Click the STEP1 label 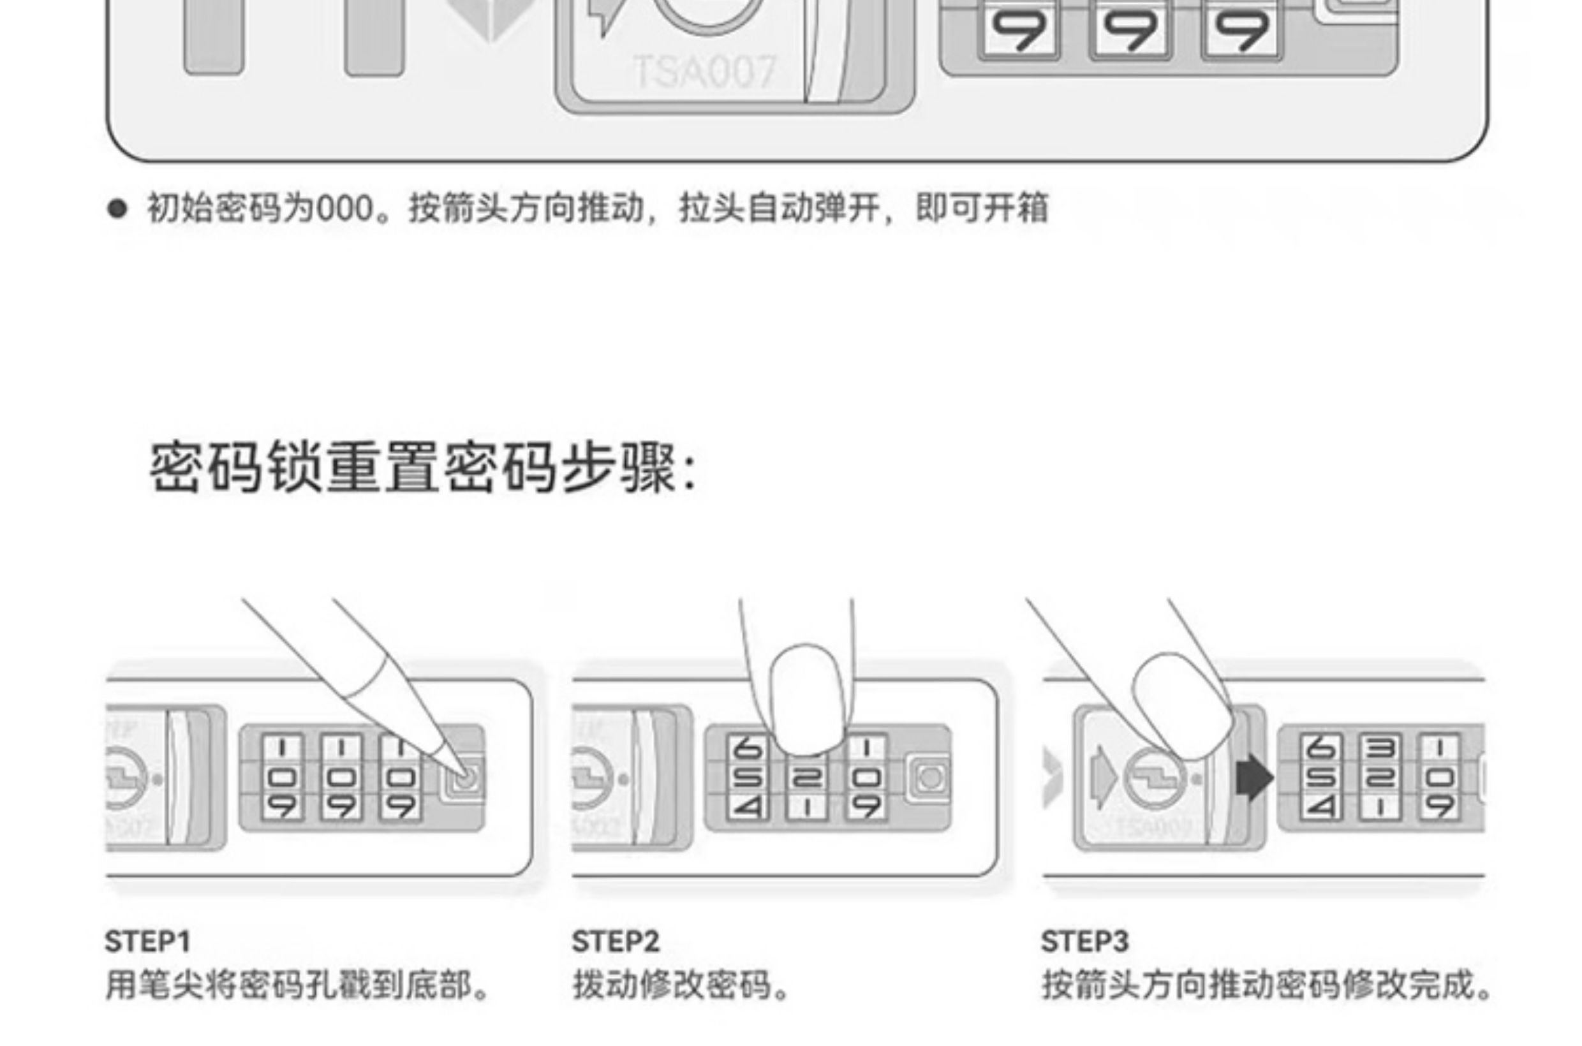tap(147, 941)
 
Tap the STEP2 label tap(615, 941)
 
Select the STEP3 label tap(1084, 941)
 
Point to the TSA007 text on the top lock tap(705, 72)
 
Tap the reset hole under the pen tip tap(465, 777)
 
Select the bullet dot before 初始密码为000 tap(117, 209)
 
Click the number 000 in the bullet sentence tap(344, 209)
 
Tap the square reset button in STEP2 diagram tap(930, 777)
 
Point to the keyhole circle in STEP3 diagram tap(1155, 778)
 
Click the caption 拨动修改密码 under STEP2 tap(681, 985)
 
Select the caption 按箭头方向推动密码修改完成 tap(1266, 985)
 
